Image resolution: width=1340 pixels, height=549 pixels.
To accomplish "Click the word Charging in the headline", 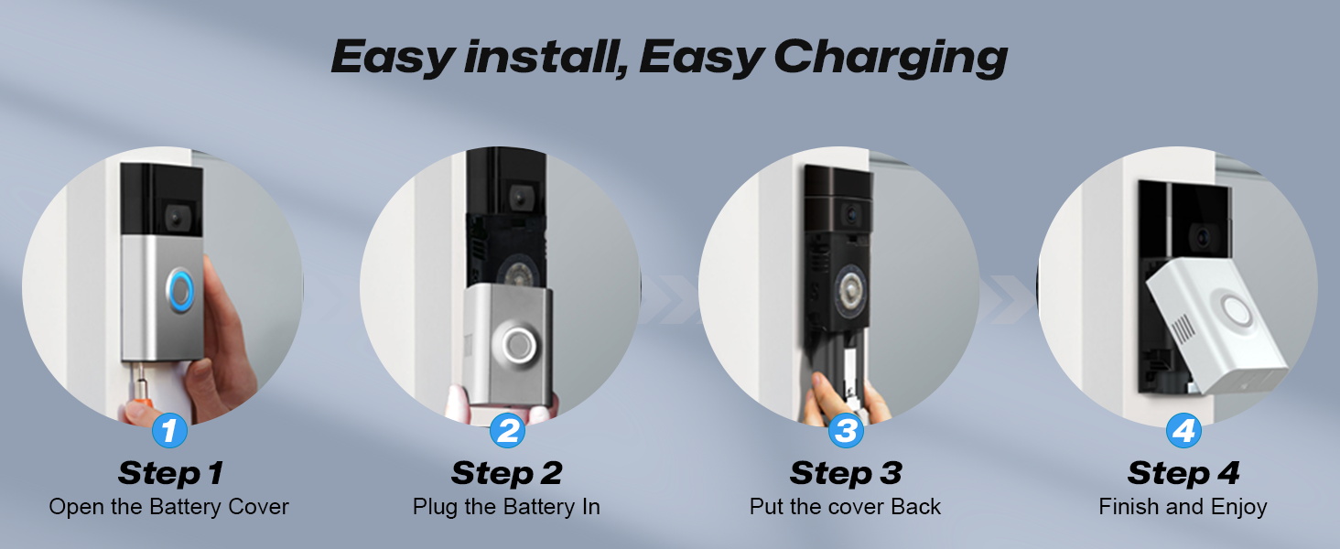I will click(890, 58).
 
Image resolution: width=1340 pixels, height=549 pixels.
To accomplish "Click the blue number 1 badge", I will click(168, 430).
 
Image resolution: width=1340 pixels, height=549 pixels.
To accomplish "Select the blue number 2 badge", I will click(507, 430).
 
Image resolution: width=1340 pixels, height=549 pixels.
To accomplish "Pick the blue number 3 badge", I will click(846, 430).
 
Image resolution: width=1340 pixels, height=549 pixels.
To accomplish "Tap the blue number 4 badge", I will click(1183, 430).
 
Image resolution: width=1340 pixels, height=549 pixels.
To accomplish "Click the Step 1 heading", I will click(169, 473).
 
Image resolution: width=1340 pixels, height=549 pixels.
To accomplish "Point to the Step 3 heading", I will click(846, 473).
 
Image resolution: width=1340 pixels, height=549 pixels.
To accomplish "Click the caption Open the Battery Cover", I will click(169, 507).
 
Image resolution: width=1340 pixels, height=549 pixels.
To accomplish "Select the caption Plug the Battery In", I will click(506, 507).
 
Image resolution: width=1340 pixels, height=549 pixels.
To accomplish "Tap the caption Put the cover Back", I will click(845, 507).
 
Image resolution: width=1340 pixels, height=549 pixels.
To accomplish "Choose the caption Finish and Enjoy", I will click(1183, 507).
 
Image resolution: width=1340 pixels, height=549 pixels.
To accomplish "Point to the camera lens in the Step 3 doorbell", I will click(850, 212).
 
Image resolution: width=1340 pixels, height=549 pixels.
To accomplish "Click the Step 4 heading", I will click(1183, 473).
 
